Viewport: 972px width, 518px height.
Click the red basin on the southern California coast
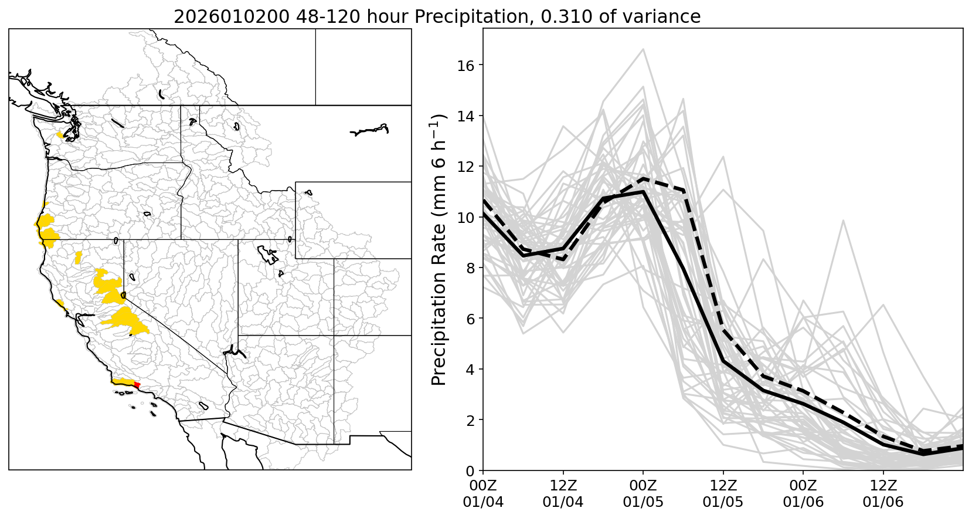[x=137, y=385]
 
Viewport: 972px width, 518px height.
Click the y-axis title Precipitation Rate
[x=439, y=249]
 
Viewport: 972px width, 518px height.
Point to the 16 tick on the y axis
[x=467, y=65]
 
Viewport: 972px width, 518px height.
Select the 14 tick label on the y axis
[x=467, y=116]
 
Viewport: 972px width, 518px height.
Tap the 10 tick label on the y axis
[x=467, y=217]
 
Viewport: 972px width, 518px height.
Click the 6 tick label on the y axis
[x=471, y=319]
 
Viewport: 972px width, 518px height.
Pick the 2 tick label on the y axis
[x=471, y=420]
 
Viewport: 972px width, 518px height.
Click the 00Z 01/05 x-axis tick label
[x=643, y=494]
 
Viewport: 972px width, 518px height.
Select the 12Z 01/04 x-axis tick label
[x=563, y=494]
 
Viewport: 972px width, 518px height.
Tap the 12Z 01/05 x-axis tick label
[x=723, y=494]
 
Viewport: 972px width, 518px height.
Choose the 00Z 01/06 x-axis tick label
[x=803, y=494]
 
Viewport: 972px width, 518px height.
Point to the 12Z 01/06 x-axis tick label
[x=883, y=494]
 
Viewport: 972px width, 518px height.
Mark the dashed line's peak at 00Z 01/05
[x=643, y=178]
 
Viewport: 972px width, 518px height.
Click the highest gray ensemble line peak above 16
[x=643, y=49]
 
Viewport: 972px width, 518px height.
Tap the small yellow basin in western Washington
[x=59, y=135]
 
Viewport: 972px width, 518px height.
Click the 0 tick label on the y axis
[x=471, y=470]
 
